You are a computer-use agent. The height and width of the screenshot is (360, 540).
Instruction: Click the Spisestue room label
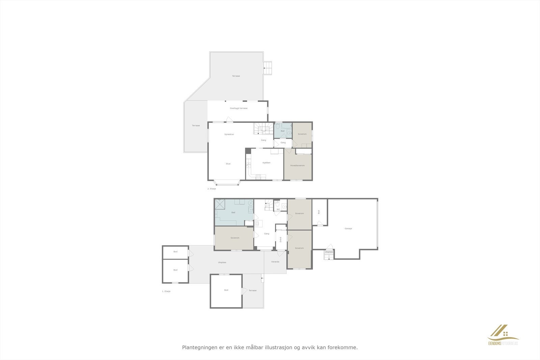[x=229, y=134]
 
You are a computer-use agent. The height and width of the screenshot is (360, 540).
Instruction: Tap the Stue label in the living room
[x=228, y=164]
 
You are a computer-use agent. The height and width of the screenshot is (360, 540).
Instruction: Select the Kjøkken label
[x=267, y=163]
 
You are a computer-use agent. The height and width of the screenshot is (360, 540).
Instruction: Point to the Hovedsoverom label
[x=297, y=165]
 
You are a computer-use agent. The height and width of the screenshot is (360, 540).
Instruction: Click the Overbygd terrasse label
[x=239, y=108]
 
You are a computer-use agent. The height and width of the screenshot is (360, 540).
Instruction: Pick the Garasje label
[x=348, y=228]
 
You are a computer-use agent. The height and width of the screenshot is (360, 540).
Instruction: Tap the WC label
[x=278, y=209]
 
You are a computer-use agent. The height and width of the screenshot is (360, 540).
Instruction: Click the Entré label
[x=280, y=239]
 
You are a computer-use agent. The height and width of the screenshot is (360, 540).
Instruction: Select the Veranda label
[x=275, y=262]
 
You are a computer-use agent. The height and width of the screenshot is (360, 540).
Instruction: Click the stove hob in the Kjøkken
[x=259, y=176]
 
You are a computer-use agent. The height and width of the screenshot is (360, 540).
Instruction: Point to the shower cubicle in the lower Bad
[x=220, y=204]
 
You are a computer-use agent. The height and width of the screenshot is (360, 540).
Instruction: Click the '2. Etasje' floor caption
[x=212, y=189]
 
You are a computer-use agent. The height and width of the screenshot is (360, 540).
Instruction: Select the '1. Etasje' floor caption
[x=166, y=291]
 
